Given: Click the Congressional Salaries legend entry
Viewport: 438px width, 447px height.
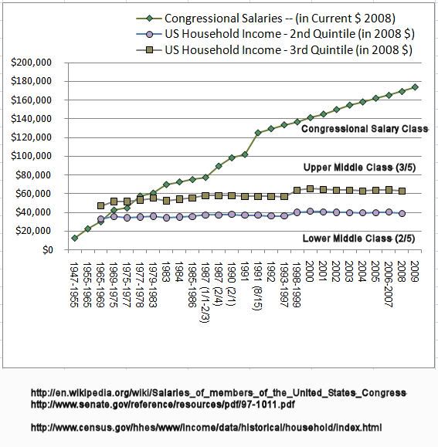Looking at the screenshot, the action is pos(266,19).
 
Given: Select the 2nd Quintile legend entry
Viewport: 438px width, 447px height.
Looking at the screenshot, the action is pos(275,34).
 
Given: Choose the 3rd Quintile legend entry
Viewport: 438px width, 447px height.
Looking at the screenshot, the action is pos(274,50).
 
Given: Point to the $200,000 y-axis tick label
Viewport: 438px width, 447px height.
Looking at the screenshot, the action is pos(32,62).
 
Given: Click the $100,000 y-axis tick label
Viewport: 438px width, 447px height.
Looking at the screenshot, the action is pos(32,156).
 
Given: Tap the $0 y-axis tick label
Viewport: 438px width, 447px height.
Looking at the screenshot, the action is pos(48,249).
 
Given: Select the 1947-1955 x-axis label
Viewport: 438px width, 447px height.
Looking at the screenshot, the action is pos(74,285).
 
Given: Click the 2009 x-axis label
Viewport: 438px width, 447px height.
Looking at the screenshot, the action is pos(414,272).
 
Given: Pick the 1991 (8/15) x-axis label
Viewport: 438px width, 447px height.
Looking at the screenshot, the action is pos(257,286).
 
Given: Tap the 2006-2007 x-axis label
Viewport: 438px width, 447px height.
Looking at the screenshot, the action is pos(389,285).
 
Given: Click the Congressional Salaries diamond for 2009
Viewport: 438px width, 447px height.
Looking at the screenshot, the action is pos(415,87).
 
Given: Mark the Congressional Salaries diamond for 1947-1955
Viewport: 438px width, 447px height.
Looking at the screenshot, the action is pos(75,238).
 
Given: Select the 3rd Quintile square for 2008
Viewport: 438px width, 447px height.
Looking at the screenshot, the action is pos(402,191).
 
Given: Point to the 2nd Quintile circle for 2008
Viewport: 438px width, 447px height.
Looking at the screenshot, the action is pos(402,213).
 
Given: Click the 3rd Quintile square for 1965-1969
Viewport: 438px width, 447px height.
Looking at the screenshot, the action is pos(100,205).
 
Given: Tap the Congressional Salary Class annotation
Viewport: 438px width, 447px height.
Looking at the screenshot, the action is pos(365,129).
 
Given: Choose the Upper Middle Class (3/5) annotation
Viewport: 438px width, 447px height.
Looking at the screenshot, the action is pos(359,168).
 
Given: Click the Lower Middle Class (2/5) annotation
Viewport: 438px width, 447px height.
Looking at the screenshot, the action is pos(358,239).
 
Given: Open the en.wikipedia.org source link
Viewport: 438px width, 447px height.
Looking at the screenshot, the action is pos(219,393).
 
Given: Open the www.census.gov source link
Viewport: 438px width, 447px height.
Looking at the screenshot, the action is pos(206,428).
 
